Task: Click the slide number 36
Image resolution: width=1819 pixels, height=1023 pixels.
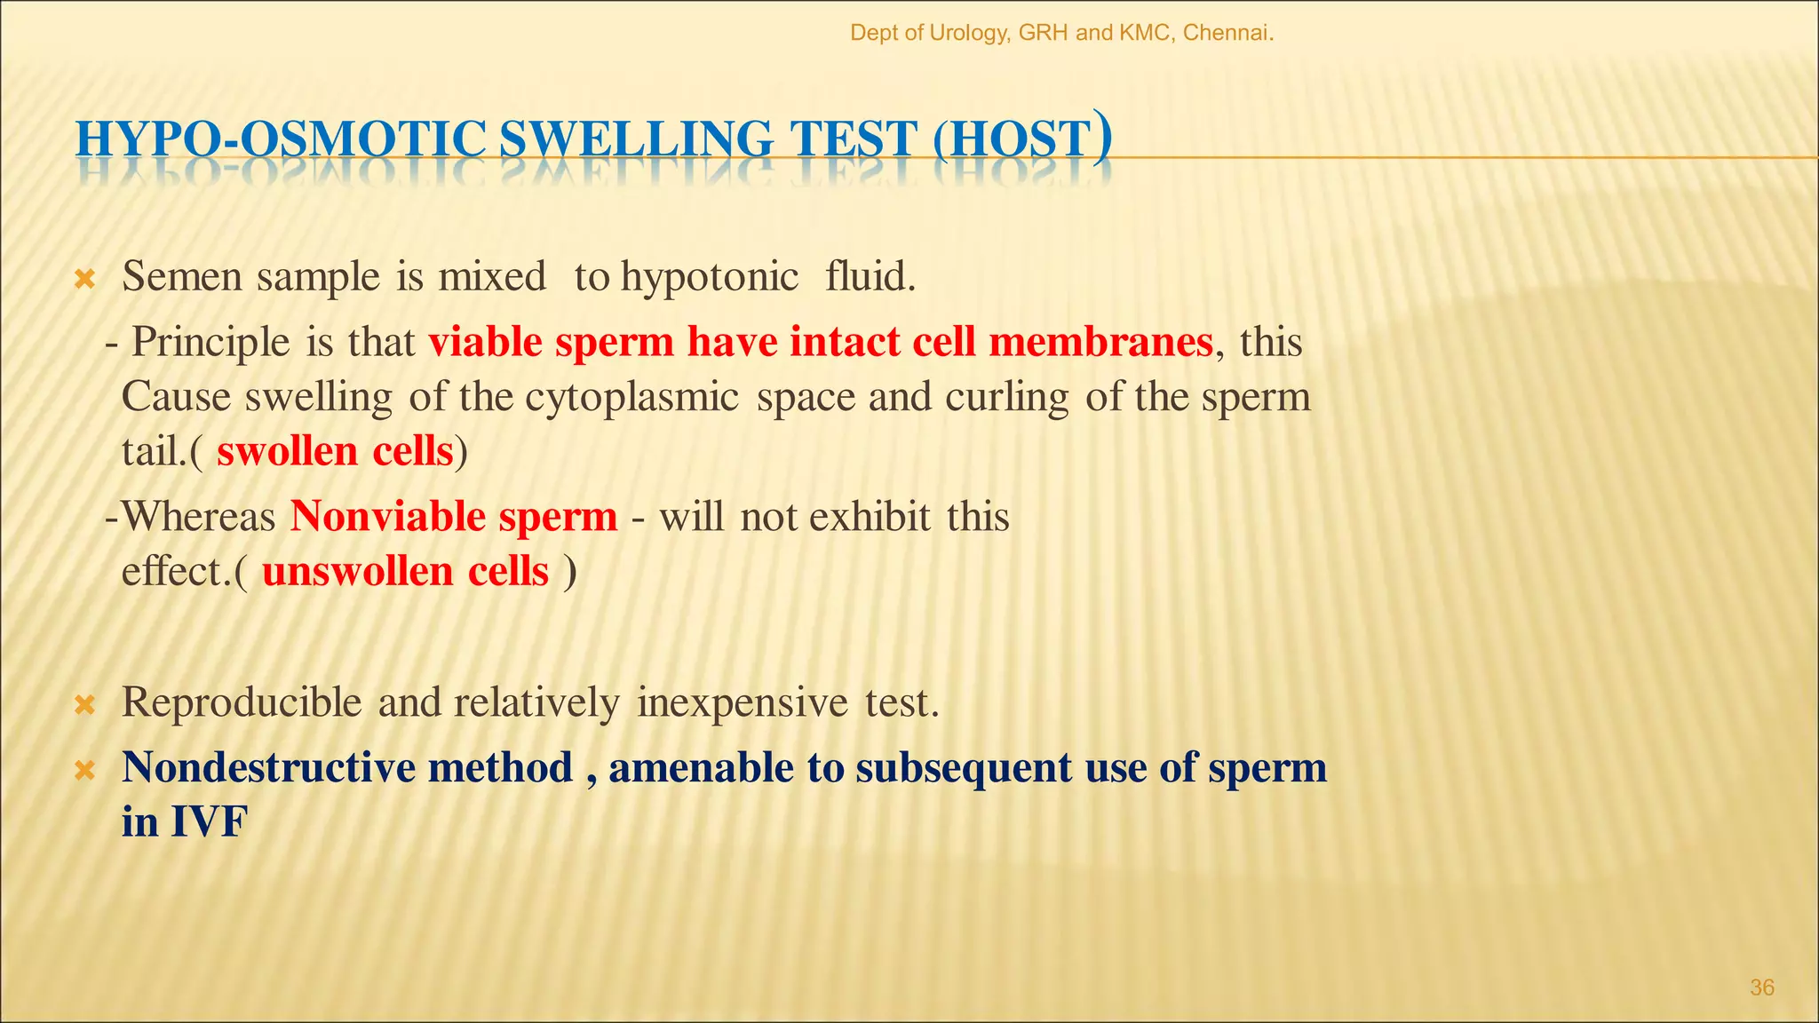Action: coord(1762,987)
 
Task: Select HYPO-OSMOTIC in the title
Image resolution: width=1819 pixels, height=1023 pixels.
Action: coord(280,140)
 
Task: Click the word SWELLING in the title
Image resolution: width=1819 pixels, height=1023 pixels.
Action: coord(637,140)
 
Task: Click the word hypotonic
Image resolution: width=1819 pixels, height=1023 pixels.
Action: coord(709,277)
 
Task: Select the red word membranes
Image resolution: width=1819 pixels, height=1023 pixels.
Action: coord(1100,342)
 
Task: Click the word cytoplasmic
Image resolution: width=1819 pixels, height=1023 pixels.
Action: coord(631,398)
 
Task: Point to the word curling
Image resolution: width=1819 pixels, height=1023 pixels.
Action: coord(1006,398)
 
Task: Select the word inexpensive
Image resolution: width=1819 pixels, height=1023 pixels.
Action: coord(743,703)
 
